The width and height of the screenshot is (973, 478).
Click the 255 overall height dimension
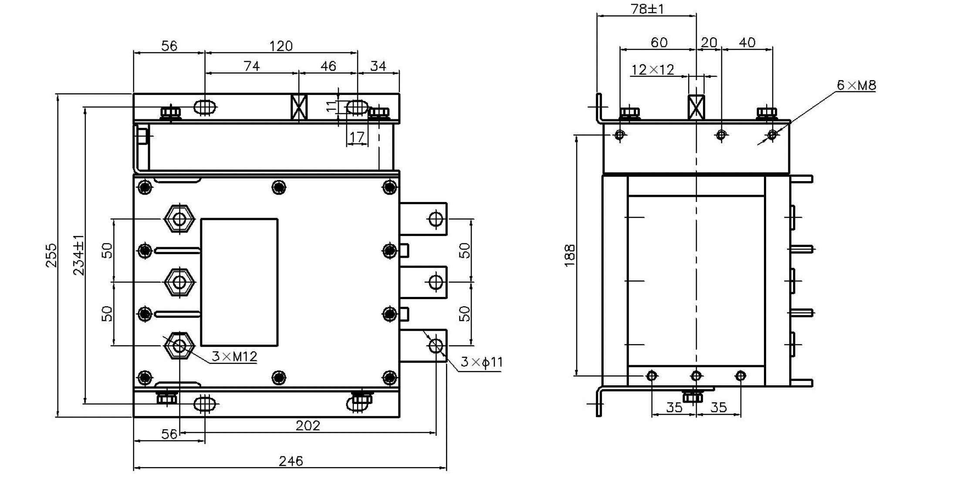point(51,255)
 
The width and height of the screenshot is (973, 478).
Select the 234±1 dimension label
point(79,255)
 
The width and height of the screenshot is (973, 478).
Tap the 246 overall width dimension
point(291,461)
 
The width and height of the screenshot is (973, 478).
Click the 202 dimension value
point(307,425)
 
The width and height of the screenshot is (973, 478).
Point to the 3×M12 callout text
point(234,357)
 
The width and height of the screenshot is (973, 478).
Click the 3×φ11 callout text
point(482,362)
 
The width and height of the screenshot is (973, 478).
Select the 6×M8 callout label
point(856,85)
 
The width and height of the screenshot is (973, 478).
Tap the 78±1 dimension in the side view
point(647,9)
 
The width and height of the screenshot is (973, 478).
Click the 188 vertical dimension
point(570,256)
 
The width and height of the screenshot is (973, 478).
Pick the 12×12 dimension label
point(652,70)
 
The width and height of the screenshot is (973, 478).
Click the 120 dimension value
point(281,46)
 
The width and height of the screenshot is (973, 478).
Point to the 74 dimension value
point(252,66)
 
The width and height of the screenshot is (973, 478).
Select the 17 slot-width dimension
point(357,137)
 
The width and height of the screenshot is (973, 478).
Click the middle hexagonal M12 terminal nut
point(179,282)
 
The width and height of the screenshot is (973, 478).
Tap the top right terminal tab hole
point(436,219)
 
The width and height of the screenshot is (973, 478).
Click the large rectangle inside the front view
point(239,282)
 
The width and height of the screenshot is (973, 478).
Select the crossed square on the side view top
point(696,107)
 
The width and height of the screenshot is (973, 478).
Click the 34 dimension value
point(378,66)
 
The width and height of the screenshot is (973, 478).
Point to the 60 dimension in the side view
point(659,42)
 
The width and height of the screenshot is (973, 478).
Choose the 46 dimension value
point(328,66)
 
